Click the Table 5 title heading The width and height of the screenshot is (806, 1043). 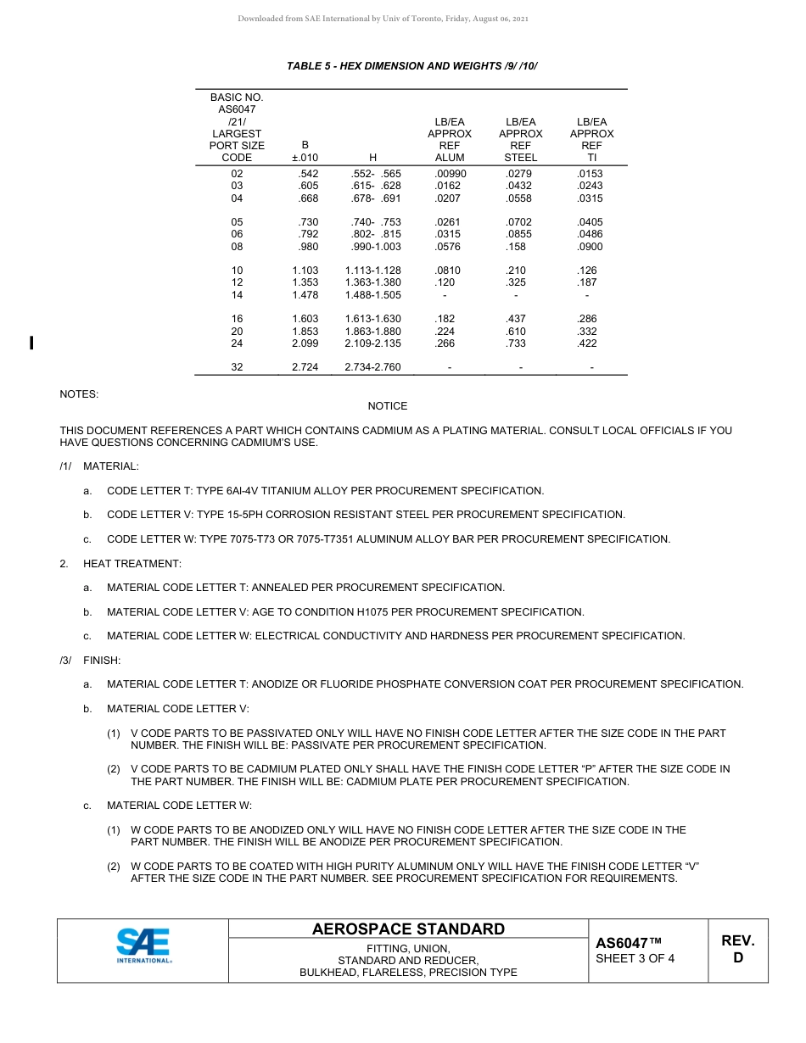[412, 66]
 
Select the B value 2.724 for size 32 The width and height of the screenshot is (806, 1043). [305, 367]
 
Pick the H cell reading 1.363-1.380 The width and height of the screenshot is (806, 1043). [372, 282]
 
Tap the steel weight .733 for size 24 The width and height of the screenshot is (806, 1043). [515, 343]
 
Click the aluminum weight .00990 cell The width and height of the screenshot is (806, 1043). [450, 174]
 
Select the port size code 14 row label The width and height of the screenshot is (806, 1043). [237, 295]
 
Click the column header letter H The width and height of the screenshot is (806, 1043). [372, 158]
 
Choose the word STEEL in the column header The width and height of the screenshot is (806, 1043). [520, 158]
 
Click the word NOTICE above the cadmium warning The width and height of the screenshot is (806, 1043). [388, 406]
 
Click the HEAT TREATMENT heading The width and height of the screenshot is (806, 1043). [132, 564]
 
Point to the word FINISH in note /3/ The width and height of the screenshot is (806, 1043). [102, 660]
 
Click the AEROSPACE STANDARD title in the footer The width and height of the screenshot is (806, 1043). [408, 929]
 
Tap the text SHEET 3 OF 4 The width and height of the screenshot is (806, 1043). [635, 959]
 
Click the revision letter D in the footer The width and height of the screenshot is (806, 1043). [737, 958]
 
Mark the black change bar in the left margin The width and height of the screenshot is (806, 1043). [31, 343]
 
